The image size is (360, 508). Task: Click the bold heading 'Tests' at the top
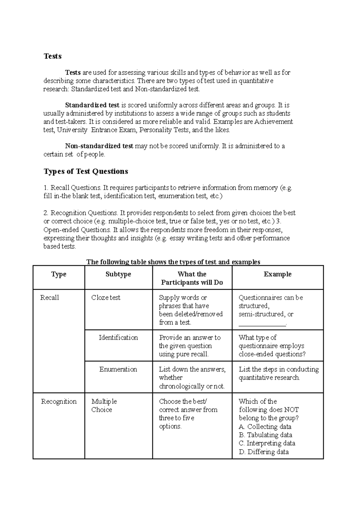point(52,56)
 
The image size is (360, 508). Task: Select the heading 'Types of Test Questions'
point(86,171)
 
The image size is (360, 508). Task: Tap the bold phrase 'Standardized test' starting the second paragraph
point(92,105)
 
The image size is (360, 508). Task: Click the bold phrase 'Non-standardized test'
point(99,146)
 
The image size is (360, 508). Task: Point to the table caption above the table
point(173,262)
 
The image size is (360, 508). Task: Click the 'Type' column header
point(58,274)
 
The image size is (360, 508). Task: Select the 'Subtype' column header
point(118,274)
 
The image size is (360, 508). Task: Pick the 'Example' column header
point(277,274)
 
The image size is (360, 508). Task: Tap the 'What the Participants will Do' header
point(192,278)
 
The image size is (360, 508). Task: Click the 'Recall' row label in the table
point(49,297)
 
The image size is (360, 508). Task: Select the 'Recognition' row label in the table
point(59,401)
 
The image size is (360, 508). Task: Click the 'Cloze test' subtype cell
point(106,297)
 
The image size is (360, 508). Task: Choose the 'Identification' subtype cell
point(118,337)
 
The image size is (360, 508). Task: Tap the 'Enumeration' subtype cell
point(118,369)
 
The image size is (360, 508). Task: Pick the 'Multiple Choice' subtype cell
point(104,405)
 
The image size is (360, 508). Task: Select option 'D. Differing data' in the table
point(264,452)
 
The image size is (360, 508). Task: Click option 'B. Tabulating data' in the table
point(265,435)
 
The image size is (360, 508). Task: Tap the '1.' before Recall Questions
point(46,188)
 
